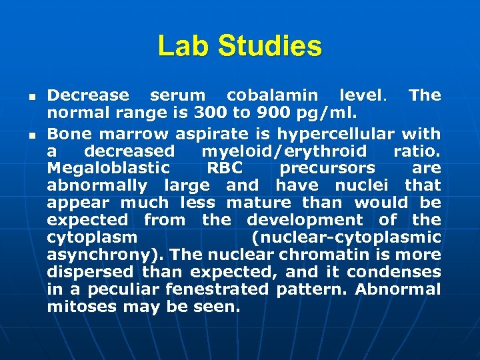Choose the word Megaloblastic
tap(109, 168)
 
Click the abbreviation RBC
tap(225, 168)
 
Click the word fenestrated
tap(219, 289)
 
